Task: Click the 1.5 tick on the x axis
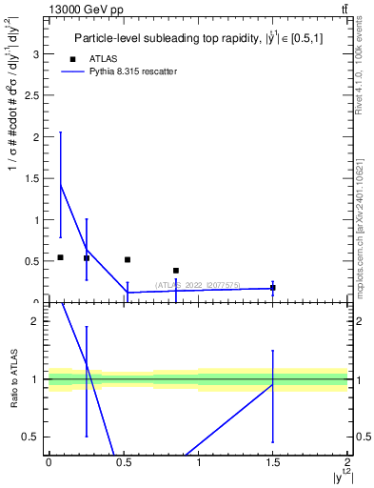(273, 462)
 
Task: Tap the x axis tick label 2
(347, 462)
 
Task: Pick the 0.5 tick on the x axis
(123, 462)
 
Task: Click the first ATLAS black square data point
(60, 257)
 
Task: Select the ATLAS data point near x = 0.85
(176, 271)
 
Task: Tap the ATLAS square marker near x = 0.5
(128, 259)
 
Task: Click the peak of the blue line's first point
(60, 184)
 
